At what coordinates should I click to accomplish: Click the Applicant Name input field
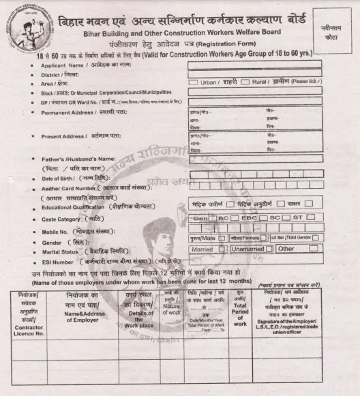254,64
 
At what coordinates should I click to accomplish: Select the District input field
254,73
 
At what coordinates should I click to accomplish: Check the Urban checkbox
193,82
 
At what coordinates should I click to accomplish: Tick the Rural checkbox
245,82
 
